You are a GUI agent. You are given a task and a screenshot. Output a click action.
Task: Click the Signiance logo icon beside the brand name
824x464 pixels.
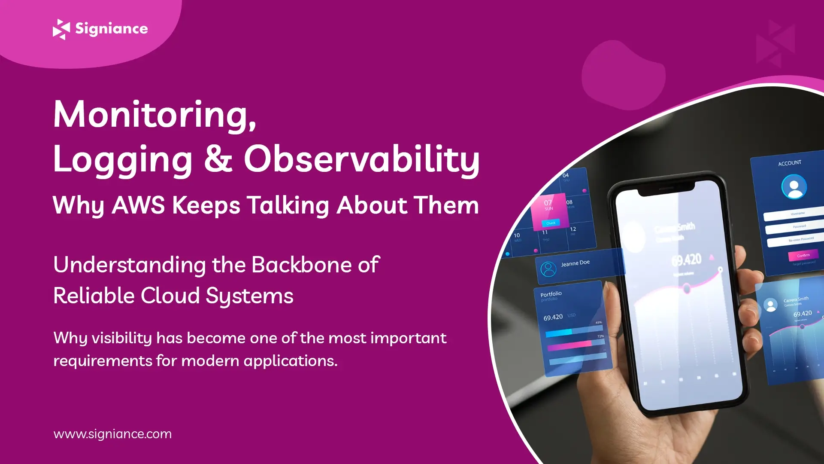pyautogui.click(x=61, y=29)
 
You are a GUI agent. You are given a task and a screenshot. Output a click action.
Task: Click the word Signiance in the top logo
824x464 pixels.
pyautogui.click(x=112, y=29)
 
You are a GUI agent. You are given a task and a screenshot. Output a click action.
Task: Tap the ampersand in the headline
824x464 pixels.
pyautogui.click(x=218, y=159)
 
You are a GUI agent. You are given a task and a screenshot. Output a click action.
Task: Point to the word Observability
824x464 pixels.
pyautogui.click(x=361, y=159)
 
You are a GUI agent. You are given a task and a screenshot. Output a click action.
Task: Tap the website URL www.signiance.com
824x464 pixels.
pyautogui.click(x=112, y=434)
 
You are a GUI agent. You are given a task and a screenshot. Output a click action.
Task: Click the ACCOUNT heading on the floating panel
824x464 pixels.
pyautogui.click(x=790, y=163)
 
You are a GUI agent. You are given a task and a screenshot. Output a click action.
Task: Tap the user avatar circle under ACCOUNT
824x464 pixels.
pyautogui.click(x=794, y=186)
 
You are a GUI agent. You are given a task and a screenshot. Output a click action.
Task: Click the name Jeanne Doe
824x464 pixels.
pyautogui.click(x=575, y=263)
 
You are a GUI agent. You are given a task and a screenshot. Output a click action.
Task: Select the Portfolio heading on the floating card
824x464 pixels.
pyautogui.click(x=551, y=294)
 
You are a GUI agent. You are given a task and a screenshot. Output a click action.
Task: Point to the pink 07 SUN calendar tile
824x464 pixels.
pyautogui.click(x=549, y=211)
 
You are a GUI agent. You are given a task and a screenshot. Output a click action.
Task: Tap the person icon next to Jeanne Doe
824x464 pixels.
pyautogui.click(x=548, y=269)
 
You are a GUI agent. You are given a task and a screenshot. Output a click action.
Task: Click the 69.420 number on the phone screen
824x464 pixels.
pyautogui.click(x=686, y=260)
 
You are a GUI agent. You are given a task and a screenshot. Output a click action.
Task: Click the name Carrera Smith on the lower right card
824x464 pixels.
pyautogui.click(x=796, y=299)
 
